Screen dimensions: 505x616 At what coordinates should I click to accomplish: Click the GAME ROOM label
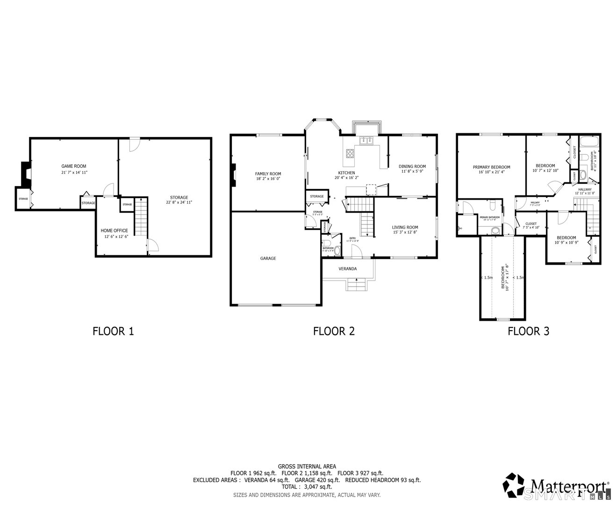pos(74,166)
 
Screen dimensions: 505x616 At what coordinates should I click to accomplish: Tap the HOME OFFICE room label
pos(114,231)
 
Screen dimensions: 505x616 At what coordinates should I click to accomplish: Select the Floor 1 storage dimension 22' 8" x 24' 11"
pos(179,202)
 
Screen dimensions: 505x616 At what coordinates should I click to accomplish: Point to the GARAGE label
pos(268,258)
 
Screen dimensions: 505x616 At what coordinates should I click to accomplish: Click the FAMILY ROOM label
pos(268,173)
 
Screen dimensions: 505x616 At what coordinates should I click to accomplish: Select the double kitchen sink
pos(365,140)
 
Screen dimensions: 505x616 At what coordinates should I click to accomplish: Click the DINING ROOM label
pos(412,166)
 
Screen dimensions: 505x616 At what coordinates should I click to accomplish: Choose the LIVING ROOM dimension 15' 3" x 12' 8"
pos(405,232)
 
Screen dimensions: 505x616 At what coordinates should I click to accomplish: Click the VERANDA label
pos(348,269)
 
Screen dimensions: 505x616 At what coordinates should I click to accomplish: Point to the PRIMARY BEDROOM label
pos(491,167)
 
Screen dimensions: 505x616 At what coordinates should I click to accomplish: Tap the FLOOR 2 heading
pos(334,332)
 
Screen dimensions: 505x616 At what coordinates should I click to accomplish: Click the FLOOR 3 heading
pos(528,332)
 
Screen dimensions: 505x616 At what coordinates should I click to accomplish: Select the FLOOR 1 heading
pos(114,332)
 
